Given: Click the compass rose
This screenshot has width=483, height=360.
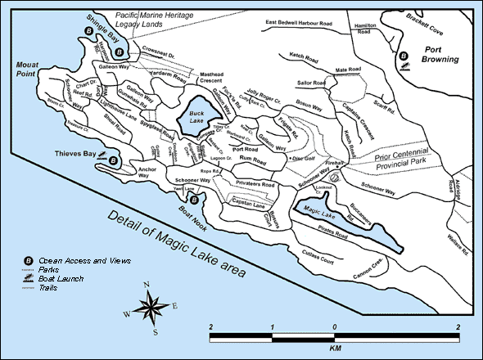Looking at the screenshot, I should pos(151,308).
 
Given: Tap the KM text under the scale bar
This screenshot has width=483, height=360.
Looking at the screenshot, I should pos(335,347).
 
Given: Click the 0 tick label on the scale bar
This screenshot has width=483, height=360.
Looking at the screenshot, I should pos(334,326).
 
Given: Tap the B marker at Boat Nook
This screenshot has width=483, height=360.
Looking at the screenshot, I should pos(194,198).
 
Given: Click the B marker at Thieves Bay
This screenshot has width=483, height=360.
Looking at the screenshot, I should pos(113,161).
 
